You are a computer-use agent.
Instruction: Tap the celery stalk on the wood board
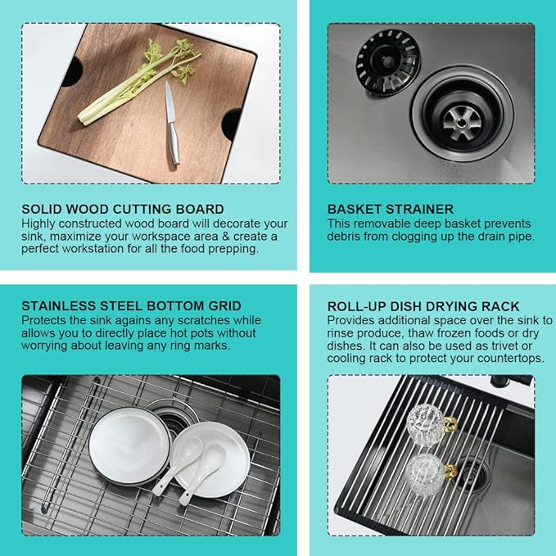tap(138, 84)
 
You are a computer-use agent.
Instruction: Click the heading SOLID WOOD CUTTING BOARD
tap(123, 209)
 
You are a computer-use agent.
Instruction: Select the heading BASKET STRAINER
tap(391, 209)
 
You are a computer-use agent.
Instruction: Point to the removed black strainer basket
tap(387, 62)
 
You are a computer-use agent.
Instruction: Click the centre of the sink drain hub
tap(461, 122)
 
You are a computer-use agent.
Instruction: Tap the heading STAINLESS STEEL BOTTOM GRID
tap(131, 306)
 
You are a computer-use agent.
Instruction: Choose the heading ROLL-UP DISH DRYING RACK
tap(423, 306)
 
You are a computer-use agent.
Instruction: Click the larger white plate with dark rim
tap(129, 446)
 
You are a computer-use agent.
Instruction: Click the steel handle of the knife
tap(174, 143)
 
